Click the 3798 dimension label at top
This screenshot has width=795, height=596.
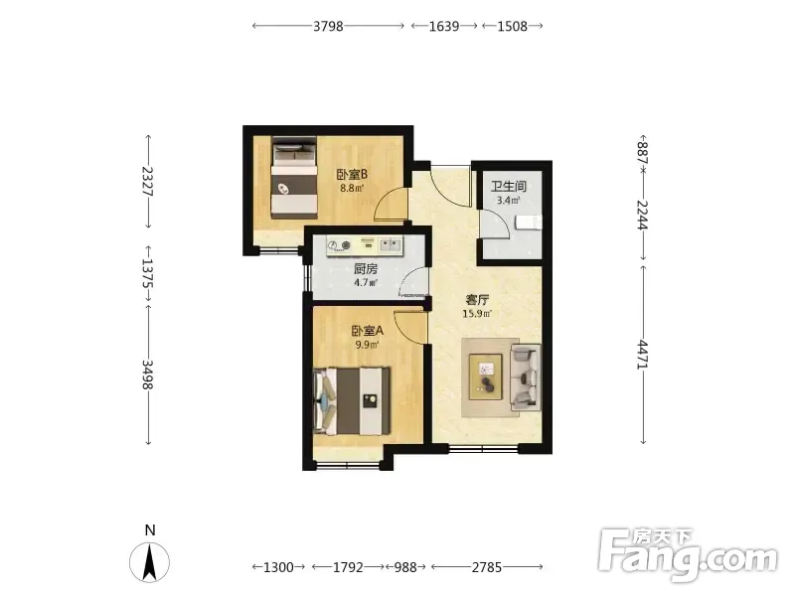pos(328,26)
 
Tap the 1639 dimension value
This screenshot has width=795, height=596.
pos(444,26)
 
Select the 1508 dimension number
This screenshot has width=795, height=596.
pos(512,26)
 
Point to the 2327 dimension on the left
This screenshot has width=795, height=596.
pos(147,181)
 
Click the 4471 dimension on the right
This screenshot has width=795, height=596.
pos(642,355)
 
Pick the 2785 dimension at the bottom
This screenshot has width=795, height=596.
pos(487,567)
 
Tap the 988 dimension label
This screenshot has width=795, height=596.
pos(405,567)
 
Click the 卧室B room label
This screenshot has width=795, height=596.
pos(352,175)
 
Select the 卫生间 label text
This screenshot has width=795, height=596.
pos(509,186)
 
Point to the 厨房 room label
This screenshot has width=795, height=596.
pos(366,268)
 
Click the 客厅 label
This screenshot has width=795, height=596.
pos(477,299)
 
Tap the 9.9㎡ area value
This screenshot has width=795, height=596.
pos(368,345)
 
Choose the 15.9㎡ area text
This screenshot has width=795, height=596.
pos(477,314)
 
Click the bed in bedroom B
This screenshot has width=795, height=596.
pos(294,178)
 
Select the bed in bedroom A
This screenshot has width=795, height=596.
pos(353,401)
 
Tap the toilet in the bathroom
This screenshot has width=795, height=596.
pos(529,223)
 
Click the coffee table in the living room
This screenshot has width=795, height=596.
pos(485,377)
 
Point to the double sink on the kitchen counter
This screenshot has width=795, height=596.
pos(391,245)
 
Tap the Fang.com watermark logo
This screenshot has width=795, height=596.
pos(688,555)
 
